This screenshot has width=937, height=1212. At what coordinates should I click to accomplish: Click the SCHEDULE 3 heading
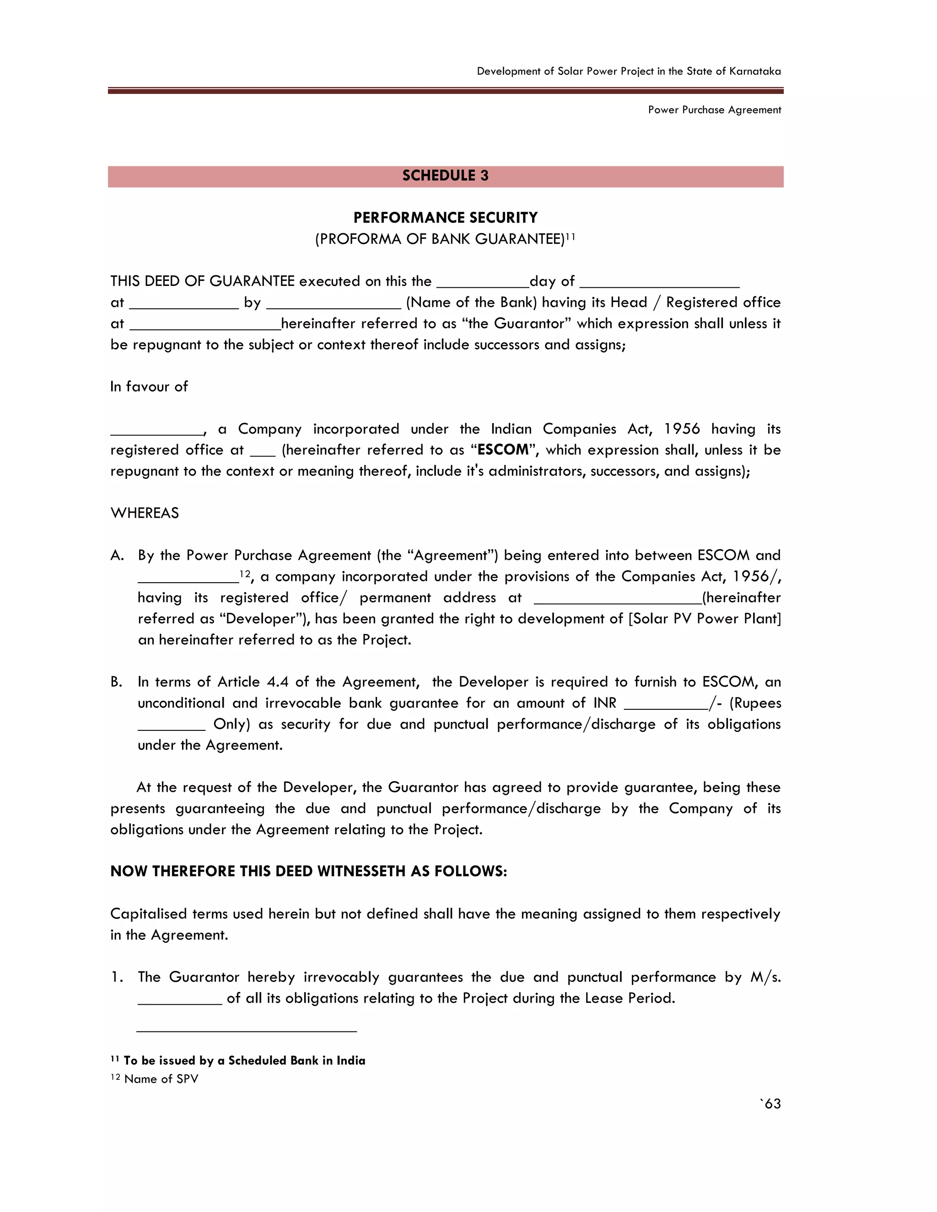tap(445, 176)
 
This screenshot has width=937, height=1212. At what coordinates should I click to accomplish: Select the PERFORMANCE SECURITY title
tap(445, 218)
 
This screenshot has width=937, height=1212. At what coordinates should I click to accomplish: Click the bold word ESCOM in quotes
tap(503, 450)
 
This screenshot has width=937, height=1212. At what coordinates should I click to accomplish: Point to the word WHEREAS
tap(145, 513)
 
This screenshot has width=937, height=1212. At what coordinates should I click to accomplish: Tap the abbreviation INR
tap(604, 703)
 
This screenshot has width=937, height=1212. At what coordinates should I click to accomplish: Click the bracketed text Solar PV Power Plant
tap(705, 619)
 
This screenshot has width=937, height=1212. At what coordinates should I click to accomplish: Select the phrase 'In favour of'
tap(149, 387)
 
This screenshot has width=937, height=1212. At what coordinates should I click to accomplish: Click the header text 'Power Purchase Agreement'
tap(714, 110)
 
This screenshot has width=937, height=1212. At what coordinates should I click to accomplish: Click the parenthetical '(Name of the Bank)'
tap(471, 302)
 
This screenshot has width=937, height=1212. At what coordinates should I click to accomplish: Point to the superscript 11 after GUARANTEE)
tap(570, 237)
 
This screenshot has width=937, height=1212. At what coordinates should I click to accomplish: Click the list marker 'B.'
tap(117, 682)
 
